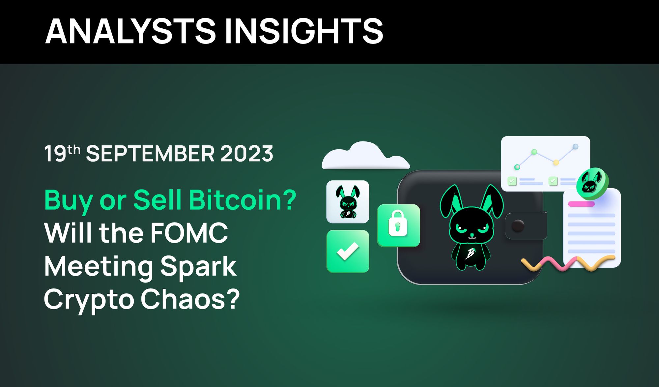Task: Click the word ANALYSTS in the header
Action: (x=130, y=31)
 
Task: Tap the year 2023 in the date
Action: (x=246, y=154)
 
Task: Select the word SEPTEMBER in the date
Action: (x=150, y=154)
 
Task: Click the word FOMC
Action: (x=189, y=233)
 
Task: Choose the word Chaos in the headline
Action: (x=190, y=299)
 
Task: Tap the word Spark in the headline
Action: (x=198, y=266)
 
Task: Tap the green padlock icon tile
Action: (x=398, y=225)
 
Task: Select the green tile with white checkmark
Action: (x=348, y=251)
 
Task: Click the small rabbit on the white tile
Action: (x=348, y=202)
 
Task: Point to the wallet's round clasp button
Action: (x=518, y=226)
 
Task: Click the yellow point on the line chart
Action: (x=556, y=163)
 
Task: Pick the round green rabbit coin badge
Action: (x=592, y=184)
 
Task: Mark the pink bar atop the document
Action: (x=581, y=204)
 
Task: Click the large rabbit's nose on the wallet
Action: (x=472, y=236)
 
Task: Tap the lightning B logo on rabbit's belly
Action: (x=471, y=254)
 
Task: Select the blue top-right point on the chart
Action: (x=575, y=147)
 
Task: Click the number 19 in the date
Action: (x=55, y=154)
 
